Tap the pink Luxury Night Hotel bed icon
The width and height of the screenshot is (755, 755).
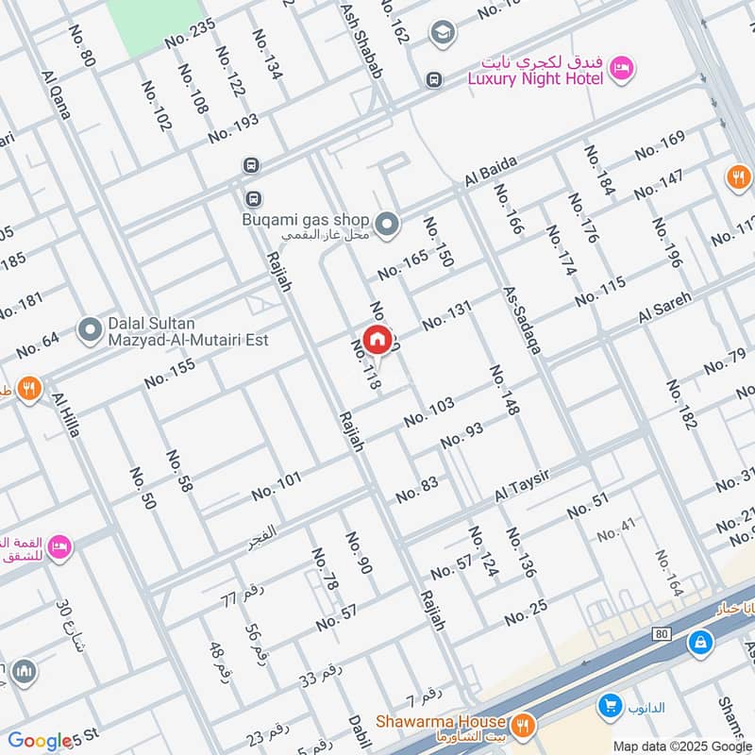pos(621,68)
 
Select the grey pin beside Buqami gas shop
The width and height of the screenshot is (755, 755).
pos(386,224)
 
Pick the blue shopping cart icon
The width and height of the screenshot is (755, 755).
pos(609,705)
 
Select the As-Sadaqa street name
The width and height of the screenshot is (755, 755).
pos(522,321)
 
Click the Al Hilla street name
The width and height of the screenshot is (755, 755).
pos(67,414)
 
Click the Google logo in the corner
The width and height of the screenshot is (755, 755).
pos(40,742)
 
